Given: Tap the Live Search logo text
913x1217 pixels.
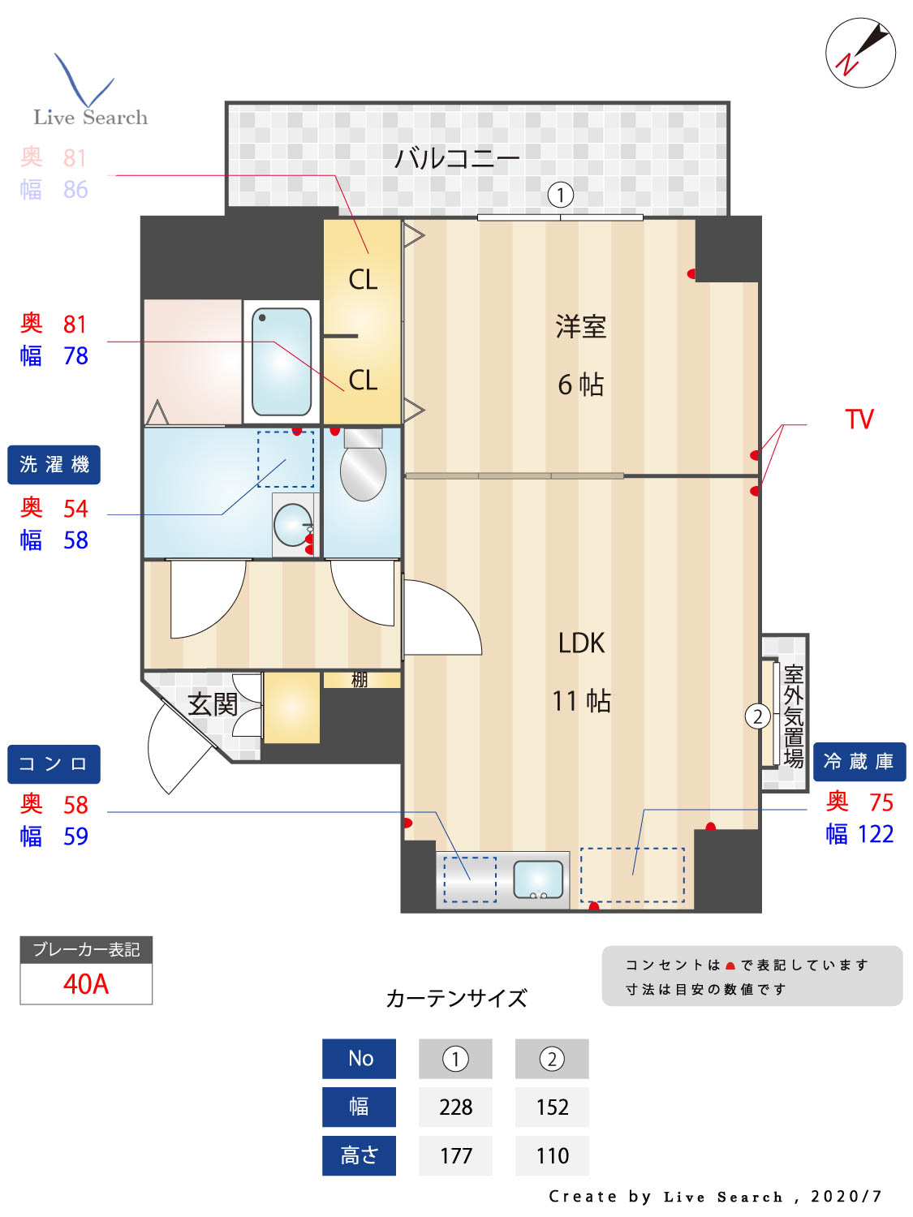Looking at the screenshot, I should (90, 118).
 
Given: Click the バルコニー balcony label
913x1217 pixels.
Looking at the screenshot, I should (457, 157).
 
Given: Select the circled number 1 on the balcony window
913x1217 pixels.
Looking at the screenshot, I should (560, 195).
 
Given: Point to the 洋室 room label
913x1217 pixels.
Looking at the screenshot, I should (581, 326).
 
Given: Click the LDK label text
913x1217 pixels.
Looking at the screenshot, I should (581, 643).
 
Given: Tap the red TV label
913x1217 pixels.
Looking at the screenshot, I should (859, 419).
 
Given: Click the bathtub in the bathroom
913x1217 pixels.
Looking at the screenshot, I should (282, 362).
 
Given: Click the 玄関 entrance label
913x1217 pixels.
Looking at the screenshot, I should (213, 704).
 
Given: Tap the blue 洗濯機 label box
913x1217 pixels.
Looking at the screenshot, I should (54, 465).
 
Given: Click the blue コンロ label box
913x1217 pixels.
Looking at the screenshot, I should (54, 764).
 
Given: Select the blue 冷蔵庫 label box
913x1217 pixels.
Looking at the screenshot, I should (859, 762).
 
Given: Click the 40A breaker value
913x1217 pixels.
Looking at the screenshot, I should (86, 984).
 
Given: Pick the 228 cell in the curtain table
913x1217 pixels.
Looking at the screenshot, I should (455, 1107).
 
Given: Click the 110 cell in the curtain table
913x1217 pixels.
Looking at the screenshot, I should (552, 1155).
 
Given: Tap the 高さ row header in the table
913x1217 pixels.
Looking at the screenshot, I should (359, 1155).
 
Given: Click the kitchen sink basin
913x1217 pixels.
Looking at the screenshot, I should (538, 879).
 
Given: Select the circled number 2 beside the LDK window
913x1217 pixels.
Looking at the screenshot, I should (757, 716).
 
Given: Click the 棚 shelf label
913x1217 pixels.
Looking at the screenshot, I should (360, 680).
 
